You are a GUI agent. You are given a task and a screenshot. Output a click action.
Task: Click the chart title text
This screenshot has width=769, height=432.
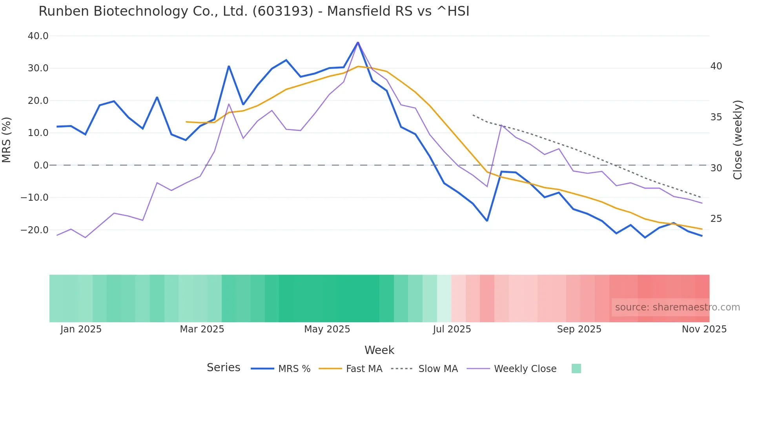[x=254, y=11]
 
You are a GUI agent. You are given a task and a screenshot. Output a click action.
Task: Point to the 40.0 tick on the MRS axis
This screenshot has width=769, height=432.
[x=38, y=36]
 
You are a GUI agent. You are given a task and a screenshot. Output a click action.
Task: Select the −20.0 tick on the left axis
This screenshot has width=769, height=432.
[x=35, y=230]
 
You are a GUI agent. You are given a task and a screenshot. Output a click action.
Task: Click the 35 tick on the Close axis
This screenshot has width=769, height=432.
[x=716, y=117]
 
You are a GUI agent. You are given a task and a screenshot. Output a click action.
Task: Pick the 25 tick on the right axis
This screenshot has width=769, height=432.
[x=716, y=219]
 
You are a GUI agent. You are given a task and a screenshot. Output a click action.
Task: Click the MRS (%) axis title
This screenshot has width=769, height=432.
[x=7, y=140]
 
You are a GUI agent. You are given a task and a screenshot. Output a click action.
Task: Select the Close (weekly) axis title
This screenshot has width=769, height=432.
[x=738, y=140]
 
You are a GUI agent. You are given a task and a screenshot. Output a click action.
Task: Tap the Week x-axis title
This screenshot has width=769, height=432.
[x=379, y=350]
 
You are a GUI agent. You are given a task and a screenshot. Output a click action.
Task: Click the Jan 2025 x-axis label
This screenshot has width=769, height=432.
[x=81, y=329]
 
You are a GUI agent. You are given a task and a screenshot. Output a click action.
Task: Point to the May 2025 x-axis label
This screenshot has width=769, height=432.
[x=327, y=329]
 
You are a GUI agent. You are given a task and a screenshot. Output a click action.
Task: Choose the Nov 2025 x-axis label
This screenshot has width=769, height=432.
[x=704, y=329]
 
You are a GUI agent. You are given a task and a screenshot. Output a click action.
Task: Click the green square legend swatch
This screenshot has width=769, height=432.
[x=576, y=368]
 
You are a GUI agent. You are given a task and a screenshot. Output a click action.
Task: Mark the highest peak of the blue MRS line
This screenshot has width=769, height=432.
[x=358, y=42]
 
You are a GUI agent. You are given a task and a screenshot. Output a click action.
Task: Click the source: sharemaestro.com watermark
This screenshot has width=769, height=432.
[x=677, y=307]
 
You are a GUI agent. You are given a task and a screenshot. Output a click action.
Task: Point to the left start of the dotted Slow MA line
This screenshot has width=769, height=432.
[x=473, y=115]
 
